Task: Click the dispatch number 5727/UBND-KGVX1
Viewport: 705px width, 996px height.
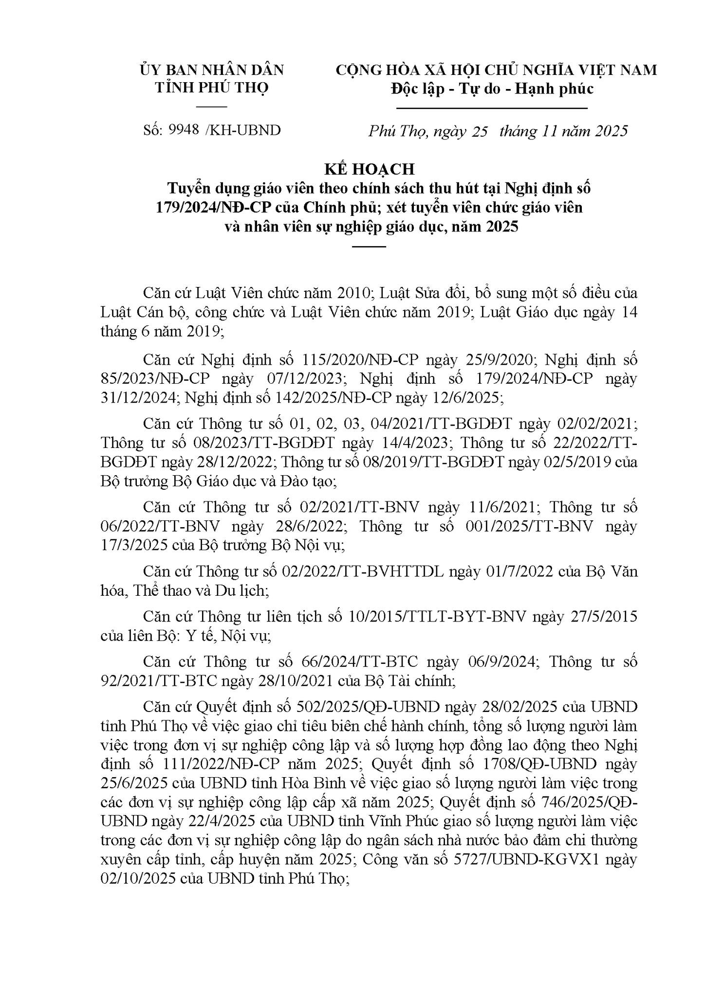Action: pos(526,859)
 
